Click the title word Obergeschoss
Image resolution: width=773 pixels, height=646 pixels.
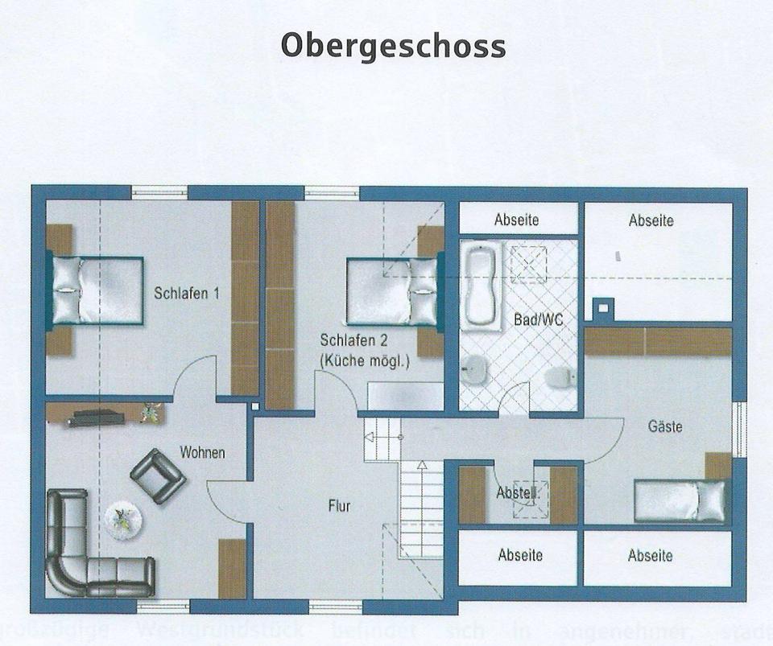click(x=393, y=45)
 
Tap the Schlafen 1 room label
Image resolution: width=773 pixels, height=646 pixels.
click(x=187, y=294)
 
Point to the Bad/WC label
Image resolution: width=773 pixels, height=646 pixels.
click(x=538, y=319)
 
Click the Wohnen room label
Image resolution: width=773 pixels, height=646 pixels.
click(x=202, y=453)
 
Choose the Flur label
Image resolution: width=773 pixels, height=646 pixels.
click(x=339, y=506)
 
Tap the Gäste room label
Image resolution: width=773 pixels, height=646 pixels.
click(x=665, y=426)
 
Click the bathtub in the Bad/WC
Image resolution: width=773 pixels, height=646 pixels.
click(x=482, y=286)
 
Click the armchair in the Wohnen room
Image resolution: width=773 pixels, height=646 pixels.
click(x=158, y=475)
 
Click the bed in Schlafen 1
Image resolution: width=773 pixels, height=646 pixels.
click(x=97, y=290)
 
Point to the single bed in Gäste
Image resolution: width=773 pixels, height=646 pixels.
click(x=680, y=500)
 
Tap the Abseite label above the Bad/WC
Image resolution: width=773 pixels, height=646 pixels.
click(x=517, y=220)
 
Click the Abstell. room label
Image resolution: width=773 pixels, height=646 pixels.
click(x=516, y=492)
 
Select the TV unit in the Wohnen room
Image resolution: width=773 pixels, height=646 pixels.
click(x=95, y=418)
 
